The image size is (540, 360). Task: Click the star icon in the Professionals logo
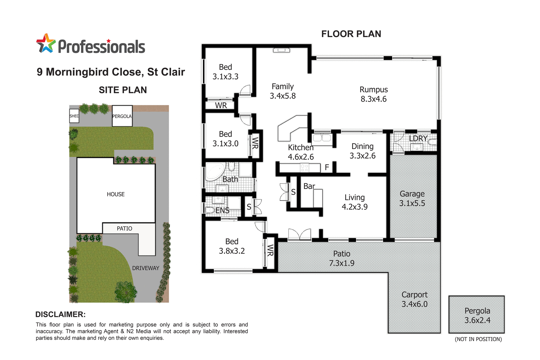point(46,44)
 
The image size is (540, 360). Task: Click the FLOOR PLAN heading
point(351,34)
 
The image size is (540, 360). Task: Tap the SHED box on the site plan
point(74,116)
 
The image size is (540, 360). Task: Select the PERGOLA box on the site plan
point(122,116)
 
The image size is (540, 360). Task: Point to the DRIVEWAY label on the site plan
point(145,268)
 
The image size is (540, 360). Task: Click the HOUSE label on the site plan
point(116,194)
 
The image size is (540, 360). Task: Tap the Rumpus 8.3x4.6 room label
point(374,94)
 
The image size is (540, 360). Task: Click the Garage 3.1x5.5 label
point(412,198)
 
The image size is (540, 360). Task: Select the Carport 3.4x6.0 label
point(414,299)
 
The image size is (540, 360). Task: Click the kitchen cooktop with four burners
point(305,168)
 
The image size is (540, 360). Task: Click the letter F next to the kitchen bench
point(327,167)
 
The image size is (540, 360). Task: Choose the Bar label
point(309,186)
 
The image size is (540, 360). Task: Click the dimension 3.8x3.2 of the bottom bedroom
point(232,251)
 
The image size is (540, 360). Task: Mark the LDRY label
point(418,139)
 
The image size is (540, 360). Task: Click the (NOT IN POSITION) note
point(478,339)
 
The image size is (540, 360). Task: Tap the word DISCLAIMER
point(60,314)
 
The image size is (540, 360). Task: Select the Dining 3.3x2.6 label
point(363,151)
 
